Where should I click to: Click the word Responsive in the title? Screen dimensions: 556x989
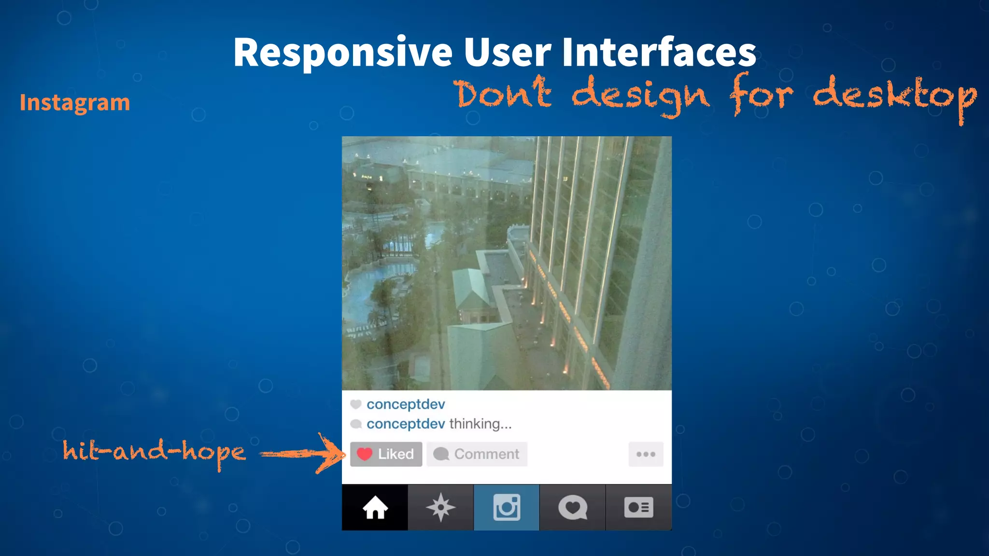342,53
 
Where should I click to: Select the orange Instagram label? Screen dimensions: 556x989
75,103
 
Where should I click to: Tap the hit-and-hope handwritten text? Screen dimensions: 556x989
154,452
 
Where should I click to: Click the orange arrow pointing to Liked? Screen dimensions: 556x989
304,454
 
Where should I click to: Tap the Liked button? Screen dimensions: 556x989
386,454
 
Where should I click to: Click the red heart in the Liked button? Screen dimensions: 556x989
364,454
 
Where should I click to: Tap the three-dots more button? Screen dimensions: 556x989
646,454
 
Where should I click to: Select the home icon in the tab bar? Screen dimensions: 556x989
375,508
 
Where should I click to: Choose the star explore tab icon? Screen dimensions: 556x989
440,508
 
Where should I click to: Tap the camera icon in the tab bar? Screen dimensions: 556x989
507,508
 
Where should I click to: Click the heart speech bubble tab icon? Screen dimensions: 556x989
572,508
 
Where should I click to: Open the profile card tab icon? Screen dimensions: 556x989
638,508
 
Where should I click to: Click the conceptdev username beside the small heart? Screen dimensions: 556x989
406,404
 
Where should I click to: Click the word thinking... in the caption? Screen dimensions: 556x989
480,424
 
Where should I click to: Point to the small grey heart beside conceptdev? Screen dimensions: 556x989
356,404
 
